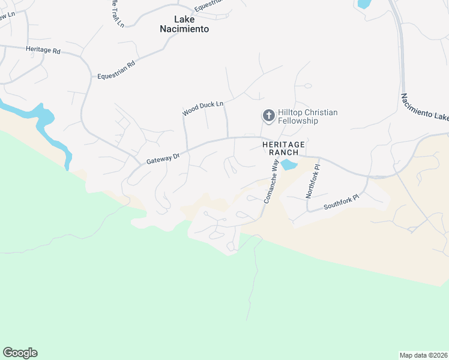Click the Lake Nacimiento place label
click(184, 23)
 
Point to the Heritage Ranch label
click(284, 148)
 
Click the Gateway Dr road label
click(163, 158)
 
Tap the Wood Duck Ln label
click(203, 108)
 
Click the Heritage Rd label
click(43, 50)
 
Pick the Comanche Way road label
click(271, 184)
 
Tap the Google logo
click(20, 352)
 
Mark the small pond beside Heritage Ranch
click(289, 164)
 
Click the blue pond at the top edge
click(364, 4)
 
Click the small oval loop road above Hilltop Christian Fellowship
click(307, 86)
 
